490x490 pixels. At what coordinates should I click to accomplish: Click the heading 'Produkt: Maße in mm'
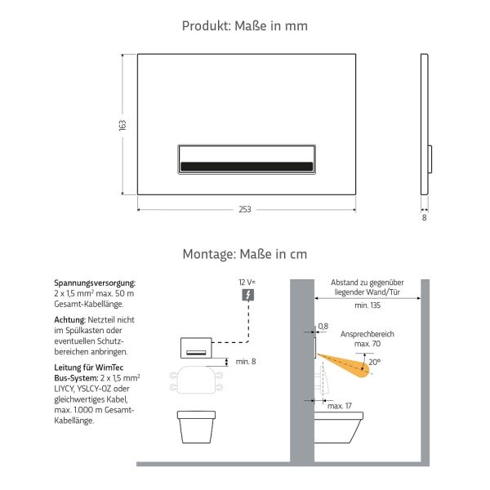pos(245,26)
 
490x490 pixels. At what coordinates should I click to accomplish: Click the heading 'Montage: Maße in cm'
pos(245,254)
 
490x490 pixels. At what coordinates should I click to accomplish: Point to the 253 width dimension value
pos(245,210)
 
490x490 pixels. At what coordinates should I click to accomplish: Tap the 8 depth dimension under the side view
pos(425,217)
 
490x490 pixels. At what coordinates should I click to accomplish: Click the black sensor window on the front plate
pos(245,167)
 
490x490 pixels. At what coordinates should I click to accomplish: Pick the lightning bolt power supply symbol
pos(248,295)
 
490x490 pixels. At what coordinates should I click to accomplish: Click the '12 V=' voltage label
pos(247,282)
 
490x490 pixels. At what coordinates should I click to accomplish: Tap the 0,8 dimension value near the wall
pos(323,326)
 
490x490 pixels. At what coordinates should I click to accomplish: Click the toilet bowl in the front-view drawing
pos(197,426)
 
